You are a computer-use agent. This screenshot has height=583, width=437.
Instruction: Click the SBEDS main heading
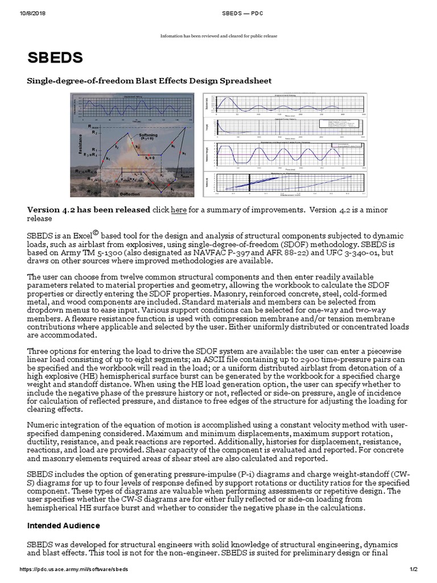[55, 58]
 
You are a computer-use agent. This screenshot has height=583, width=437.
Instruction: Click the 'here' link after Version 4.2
[179, 210]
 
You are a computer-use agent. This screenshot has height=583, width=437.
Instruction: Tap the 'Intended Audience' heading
[64, 525]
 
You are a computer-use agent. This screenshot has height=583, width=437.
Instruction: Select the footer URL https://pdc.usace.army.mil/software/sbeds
[74, 569]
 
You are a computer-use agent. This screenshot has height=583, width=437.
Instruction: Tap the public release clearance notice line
[218, 36]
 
